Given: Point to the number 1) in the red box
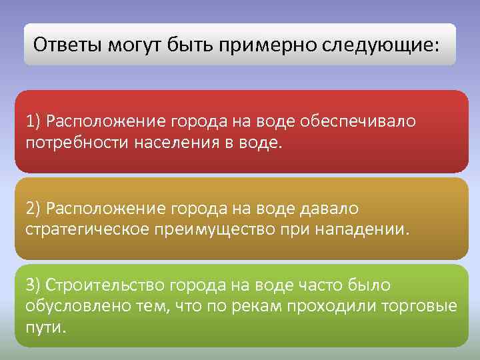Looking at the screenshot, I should pos(34,121).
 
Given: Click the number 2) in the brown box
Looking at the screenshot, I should pos(34,209).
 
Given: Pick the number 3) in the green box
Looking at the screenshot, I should pos(34,285).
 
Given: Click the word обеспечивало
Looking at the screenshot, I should pos(358,121).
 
